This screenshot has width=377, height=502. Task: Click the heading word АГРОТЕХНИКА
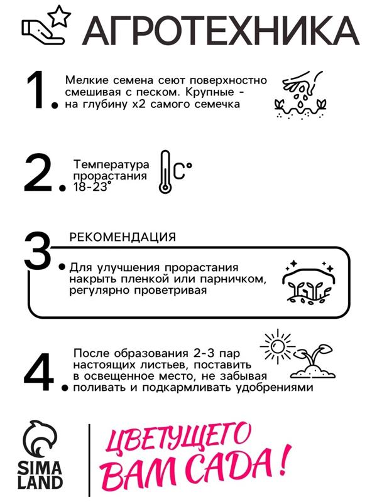[x=220, y=29]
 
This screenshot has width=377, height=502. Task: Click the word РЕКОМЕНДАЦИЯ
[x=122, y=237]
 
